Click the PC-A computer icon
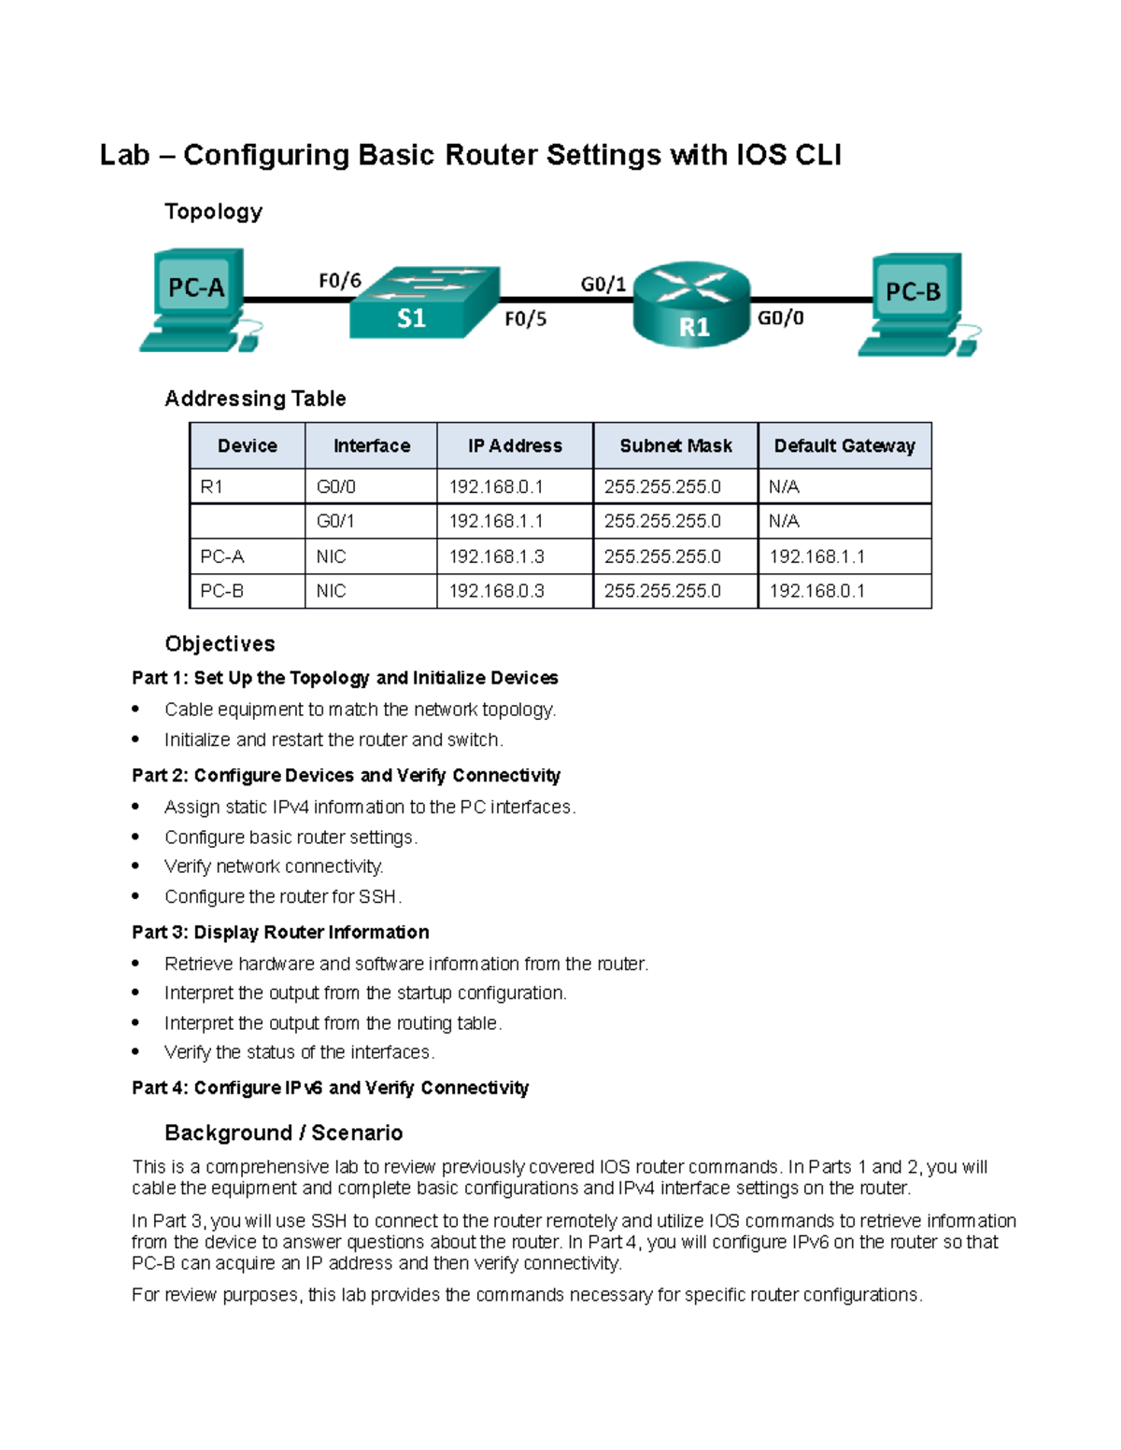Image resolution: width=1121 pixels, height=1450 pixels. [x=197, y=299]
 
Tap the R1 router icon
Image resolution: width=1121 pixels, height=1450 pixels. [x=692, y=304]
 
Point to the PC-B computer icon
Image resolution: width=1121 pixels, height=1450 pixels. [x=915, y=304]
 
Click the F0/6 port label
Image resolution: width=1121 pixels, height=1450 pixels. [x=340, y=280]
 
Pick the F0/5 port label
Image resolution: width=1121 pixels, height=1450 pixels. [x=525, y=319]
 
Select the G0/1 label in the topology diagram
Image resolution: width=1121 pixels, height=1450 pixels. [x=603, y=284]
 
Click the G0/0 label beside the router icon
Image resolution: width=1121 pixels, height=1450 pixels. [x=781, y=318]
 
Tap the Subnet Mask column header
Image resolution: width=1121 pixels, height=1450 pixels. [x=675, y=446]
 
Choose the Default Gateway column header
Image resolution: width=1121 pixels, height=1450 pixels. [x=844, y=446]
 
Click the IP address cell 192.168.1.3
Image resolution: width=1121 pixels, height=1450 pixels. [x=496, y=556]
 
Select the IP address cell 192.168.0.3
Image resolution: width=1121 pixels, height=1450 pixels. [x=496, y=591]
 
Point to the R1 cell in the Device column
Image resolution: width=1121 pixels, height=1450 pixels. [x=212, y=486]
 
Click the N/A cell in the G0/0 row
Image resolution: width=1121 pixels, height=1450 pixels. [x=784, y=486]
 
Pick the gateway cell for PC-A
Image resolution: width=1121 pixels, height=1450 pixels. [x=816, y=556]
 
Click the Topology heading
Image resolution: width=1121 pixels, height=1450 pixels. [x=213, y=212]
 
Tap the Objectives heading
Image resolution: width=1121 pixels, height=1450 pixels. [x=220, y=644]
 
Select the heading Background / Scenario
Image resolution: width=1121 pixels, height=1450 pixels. [x=283, y=1133]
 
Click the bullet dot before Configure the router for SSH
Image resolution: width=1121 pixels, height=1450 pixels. [x=136, y=896]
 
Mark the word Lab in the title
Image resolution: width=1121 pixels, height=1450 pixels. [x=125, y=155]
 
